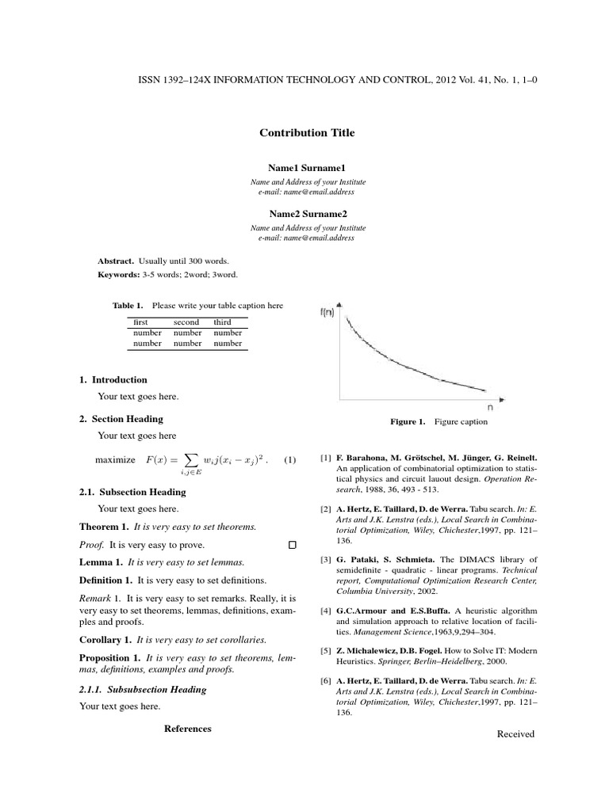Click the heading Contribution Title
(x=307, y=133)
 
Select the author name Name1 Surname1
(x=307, y=169)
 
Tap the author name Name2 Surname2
(x=307, y=214)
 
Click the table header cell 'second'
(x=186, y=322)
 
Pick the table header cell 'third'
(x=222, y=322)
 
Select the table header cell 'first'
(x=141, y=322)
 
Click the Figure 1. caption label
(x=408, y=422)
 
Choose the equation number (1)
(x=289, y=460)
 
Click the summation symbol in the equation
(x=189, y=459)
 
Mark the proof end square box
(x=292, y=546)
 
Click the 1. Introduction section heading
(x=113, y=379)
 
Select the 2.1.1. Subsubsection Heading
(x=143, y=690)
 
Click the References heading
(x=187, y=729)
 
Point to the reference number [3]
(x=325, y=560)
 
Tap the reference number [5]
(x=325, y=651)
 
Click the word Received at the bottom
(x=515, y=734)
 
